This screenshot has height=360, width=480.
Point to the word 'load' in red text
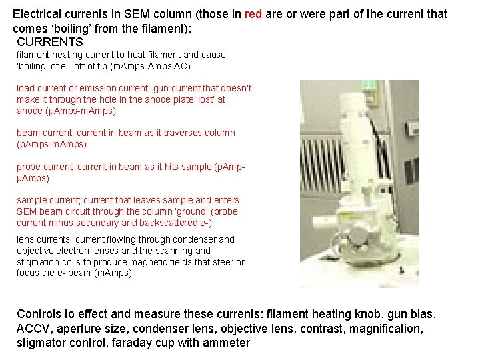point(25,88)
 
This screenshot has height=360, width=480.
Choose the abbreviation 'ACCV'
point(34,328)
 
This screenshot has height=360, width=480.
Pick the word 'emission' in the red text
point(100,88)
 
